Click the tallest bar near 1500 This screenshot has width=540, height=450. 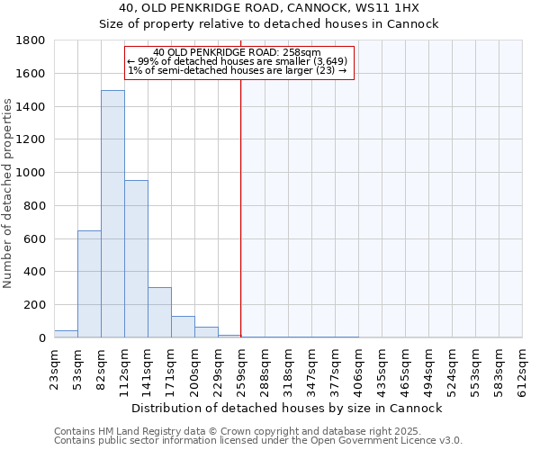[x=112, y=214]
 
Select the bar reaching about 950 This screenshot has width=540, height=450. [x=136, y=259]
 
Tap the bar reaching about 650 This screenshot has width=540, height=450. [x=89, y=283]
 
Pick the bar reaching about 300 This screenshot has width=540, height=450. [x=159, y=312]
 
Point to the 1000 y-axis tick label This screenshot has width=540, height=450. [x=31, y=173]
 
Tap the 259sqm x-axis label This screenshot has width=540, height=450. [x=241, y=370]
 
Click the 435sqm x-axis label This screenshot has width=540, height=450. [x=382, y=370]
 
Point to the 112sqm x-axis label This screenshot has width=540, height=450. [x=124, y=370]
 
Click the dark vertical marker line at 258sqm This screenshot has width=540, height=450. [x=241, y=207]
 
